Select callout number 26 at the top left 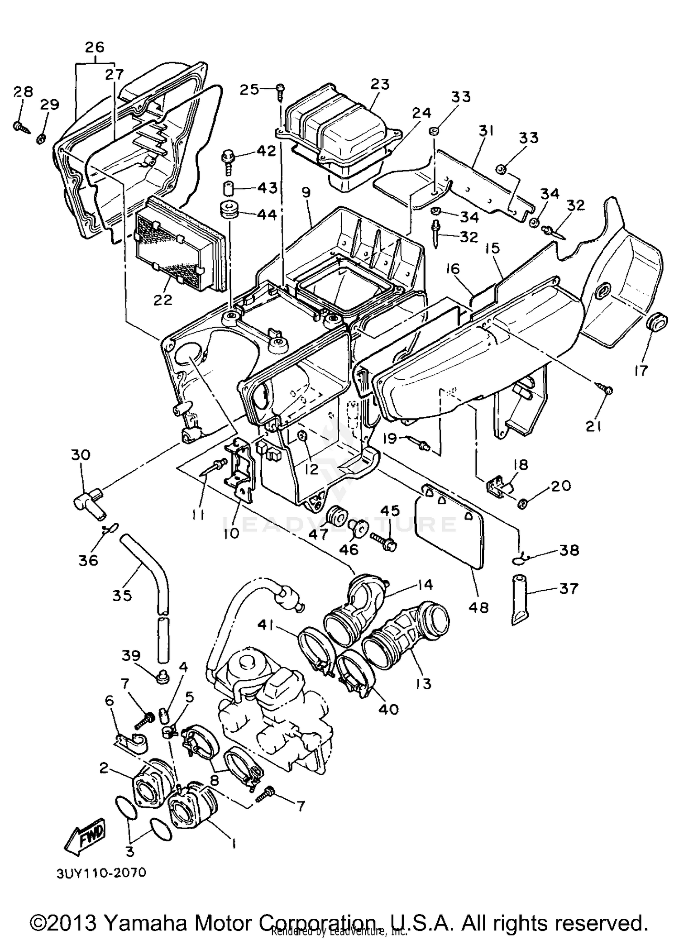click(x=94, y=47)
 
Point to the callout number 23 click(x=379, y=84)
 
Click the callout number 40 click(x=388, y=709)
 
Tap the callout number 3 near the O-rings click(x=130, y=851)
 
